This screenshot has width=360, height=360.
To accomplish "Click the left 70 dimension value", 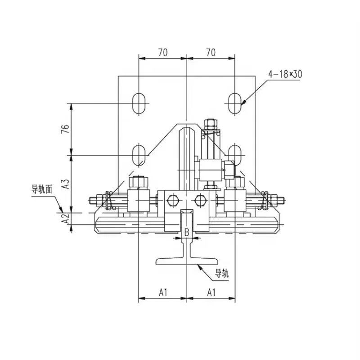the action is click(163, 53).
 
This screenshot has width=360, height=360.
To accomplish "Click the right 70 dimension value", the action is click(211, 53).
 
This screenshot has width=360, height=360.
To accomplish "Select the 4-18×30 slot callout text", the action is click(285, 74).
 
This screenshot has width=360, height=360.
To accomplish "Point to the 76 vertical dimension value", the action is click(65, 129).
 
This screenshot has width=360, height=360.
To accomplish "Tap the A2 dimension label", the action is click(66, 218).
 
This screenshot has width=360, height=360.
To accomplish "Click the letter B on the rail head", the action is click(187, 233).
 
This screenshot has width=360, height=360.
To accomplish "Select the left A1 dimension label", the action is click(163, 292).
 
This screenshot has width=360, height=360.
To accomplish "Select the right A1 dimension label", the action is click(211, 292).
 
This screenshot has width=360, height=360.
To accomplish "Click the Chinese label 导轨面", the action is click(42, 189).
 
